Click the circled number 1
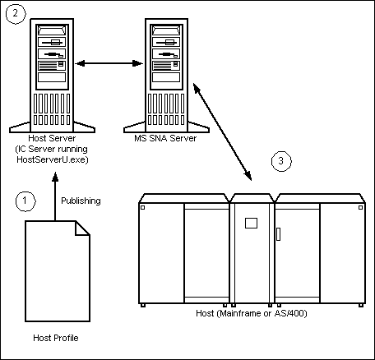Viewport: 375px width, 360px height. pyautogui.click(x=28, y=200)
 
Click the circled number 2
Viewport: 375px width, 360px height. pyautogui.click(x=13, y=14)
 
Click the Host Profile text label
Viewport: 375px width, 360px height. pyautogui.click(x=56, y=338)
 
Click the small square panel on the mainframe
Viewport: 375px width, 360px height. pyautogui.click(x=252, y=223)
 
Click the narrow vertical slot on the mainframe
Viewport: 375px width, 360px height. pyautogui.click(x=278, y=233)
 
